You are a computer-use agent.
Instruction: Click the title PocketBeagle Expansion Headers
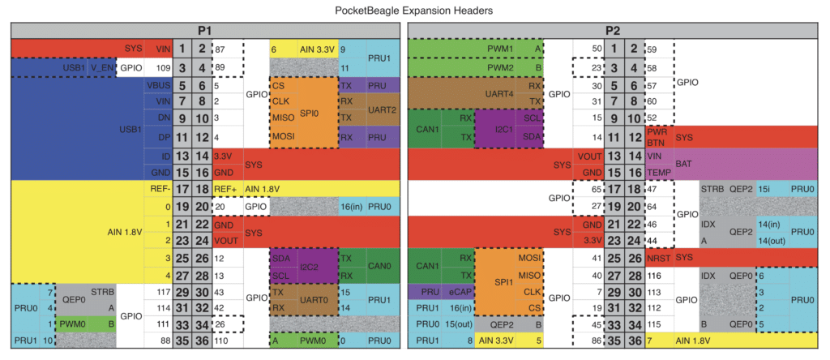tap(414, 11)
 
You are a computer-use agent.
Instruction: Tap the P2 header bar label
tap(614, 31)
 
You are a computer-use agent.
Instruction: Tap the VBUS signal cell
tap(159, 85)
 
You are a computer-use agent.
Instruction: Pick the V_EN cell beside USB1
tap(101, 67)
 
